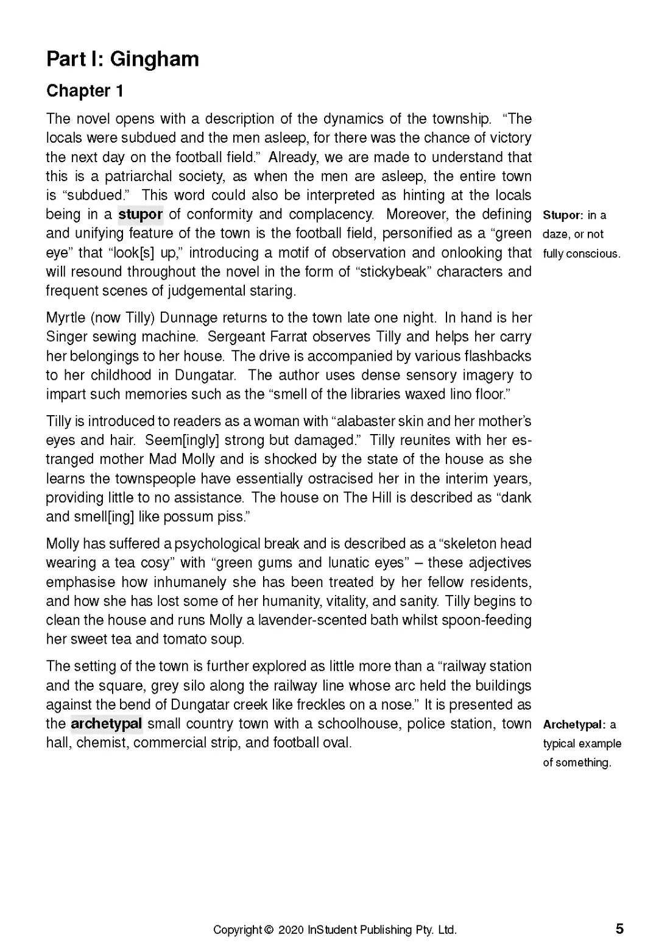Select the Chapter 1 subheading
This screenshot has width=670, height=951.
pyautogui.click(x=85, y=91)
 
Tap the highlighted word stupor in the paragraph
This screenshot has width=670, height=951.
pyautogui.click(x=140, y=215)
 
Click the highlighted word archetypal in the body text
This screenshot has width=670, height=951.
pyautogui.click(x=107, y=724)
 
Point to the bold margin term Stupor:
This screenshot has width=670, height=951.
pyautogui.click(x=563, y=215)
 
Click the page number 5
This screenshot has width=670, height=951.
pyautogui.click(x=619, y=929)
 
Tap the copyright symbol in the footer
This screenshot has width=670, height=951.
pyautogui.click(x=269, y=930)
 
